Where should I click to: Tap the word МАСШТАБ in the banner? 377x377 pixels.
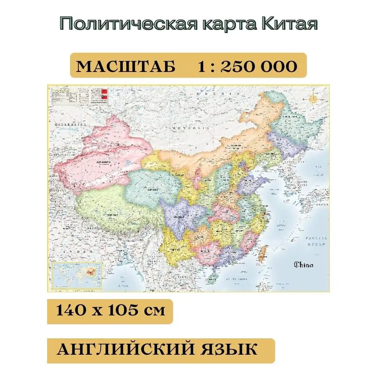tap(126, 67)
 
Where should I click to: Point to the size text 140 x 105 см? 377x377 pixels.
tap(110, 311)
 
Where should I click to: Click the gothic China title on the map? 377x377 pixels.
tap(304, 264)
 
